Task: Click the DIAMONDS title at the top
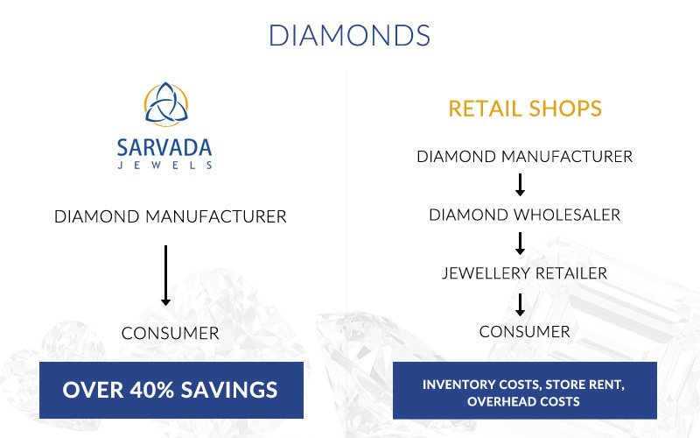[x=349, y=35]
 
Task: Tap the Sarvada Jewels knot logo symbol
[x=166, y=104]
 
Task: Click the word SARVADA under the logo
[x=164, y=148]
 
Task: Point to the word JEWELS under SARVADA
[x=164, y=166]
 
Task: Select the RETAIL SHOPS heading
[x=525, y=109]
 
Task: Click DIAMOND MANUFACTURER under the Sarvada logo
[x=170, y=216]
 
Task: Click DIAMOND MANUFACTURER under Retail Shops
[x=524, y=157]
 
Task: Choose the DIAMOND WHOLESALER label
[x=524, y=215]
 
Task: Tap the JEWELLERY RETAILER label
[x=524, y=273]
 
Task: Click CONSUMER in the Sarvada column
[x=170, y=334]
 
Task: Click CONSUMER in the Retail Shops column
[x=524, y=332]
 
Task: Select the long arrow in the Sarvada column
[x=165, y=275]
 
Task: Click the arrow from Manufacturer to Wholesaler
[x=520, y=185]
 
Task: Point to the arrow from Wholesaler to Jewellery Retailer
[x=520, y=244]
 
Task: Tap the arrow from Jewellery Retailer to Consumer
[x=520, y=304]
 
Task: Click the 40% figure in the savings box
[x=151, y=390]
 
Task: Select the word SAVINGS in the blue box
[x=229, y=390]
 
